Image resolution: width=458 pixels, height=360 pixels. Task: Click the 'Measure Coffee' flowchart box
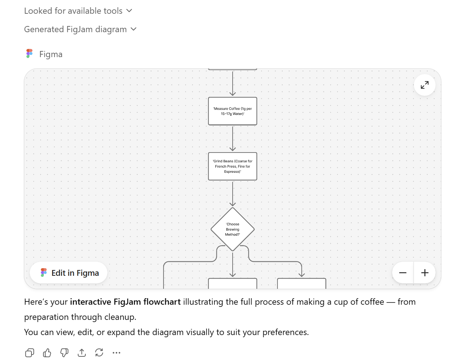point(232,111)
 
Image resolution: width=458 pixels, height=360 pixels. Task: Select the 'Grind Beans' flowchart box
point(232,166)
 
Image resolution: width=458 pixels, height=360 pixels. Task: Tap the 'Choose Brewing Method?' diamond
point(232,229)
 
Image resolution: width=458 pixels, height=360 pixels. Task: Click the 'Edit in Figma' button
point(69,273)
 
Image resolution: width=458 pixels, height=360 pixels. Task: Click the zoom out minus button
point(403,273)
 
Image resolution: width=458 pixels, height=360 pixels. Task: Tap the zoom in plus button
point(425,273)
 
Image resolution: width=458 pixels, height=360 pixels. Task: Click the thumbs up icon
point(47,352)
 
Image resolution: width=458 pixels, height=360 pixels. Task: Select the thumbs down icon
point(64,352)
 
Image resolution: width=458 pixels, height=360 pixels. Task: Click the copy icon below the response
point(30,352)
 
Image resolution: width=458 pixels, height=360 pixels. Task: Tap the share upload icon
point(82,352)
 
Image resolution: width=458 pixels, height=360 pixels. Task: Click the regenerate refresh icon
point(99,352)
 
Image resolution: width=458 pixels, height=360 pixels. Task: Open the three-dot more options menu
point(116,352)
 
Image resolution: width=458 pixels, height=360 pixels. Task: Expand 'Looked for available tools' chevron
point(129,11)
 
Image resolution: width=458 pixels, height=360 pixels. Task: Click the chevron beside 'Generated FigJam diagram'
point(133,29)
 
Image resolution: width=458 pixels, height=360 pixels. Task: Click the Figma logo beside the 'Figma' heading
point(30,54)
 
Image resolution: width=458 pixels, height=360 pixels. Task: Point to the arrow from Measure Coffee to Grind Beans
point(233,138)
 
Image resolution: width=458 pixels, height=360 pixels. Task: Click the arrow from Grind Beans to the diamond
point(233,193)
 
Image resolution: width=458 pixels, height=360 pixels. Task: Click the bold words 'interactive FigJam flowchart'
point(125,302)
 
